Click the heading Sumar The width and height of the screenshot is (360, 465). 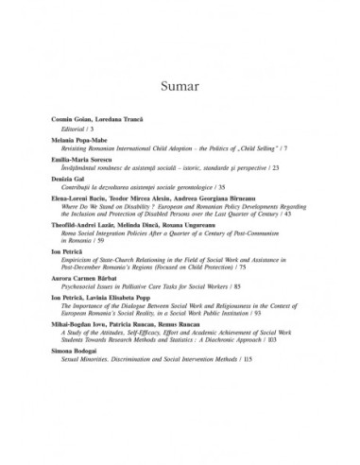[180, 89]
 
